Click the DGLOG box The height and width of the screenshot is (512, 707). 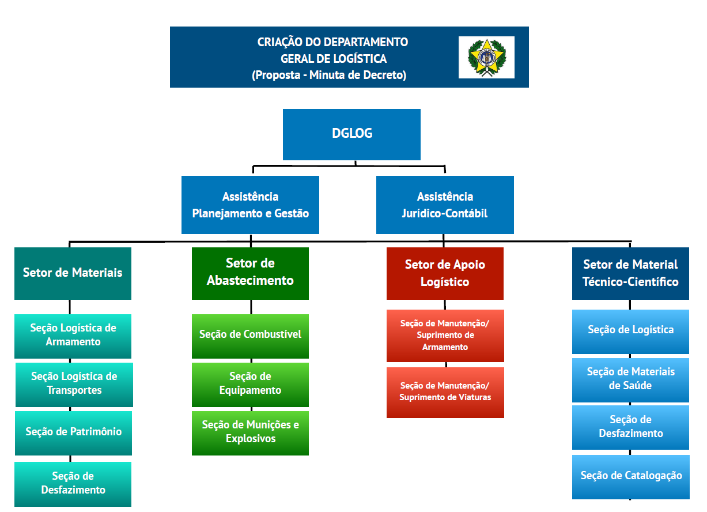click(x=351, y=134)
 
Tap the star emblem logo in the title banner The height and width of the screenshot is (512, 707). click(x=486, y=58)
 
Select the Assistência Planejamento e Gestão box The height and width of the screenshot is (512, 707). click(x=250, y=205)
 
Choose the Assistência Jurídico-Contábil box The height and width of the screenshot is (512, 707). click(x=445, y=205)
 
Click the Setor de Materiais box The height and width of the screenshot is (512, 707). click(x=73, y=273)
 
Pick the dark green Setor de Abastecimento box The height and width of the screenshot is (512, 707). click(x=250, y=273)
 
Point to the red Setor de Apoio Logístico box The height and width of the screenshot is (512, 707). click(x=445, y=273)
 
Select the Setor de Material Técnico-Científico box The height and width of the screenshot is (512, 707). click(x=630, y=273)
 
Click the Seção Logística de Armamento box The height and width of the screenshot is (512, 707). click(x=73, y=336)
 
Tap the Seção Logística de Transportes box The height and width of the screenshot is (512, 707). click(x=74, y=385)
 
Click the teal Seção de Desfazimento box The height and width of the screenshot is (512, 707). click(x=73, y=484)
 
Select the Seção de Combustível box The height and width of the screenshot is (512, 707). click(x=250, y=336)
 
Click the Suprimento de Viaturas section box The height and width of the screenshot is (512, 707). click(x=445, y=393)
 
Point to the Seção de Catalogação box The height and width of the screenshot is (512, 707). click(x=631, y=477)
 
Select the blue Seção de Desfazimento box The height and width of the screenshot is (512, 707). click(x=630, y=428)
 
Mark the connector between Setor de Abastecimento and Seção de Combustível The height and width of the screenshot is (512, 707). click(x=251, y=307)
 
